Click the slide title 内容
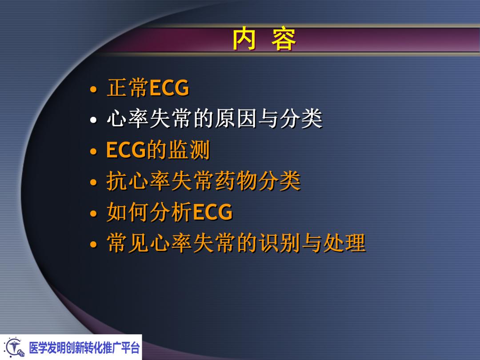(264, 40)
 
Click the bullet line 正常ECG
(148, 88)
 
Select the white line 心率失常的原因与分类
(214, 119)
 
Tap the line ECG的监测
(158, 150)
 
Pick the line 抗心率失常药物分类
(203, 181)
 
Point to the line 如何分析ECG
(169, 212)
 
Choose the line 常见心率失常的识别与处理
(236, 244)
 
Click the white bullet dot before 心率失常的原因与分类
(93, 120)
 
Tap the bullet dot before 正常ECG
(93, 89)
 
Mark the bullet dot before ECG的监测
(93, 152)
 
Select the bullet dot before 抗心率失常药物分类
(93, 183)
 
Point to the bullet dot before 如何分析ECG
(93, 214)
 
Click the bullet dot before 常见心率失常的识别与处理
(93, 245)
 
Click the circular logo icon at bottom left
(14, 347)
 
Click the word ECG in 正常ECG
(169, 88)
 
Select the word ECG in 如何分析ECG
(213, 212)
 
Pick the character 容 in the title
(284, 40)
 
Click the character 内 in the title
(244, 40)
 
